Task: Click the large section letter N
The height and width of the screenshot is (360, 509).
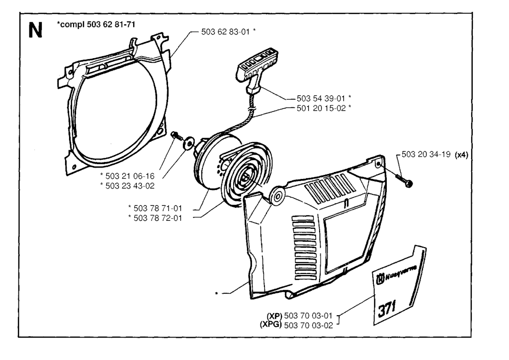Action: pos(35,30)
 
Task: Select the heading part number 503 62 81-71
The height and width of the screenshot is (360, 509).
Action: pos(111,24)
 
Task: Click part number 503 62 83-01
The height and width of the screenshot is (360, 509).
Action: pos(226,31)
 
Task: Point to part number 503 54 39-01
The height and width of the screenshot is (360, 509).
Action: pos(321,98)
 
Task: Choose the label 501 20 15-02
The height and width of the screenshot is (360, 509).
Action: pos(321,108)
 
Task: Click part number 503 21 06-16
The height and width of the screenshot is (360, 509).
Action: pos(130,176)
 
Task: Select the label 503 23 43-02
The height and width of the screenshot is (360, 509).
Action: pos(130,186)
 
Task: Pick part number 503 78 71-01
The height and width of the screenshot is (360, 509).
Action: pos(158,208)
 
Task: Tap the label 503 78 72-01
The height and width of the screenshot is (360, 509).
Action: pos(158,218)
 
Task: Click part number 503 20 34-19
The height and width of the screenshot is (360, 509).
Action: pos(426,154)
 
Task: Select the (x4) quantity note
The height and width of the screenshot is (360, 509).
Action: pos(461,155)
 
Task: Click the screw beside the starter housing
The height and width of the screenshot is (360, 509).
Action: pos(404,180)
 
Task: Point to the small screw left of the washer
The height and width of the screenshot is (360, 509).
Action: pos(176,135)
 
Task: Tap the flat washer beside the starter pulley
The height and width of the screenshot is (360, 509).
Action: pos(188,143)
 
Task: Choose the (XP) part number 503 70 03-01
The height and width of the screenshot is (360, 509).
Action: pos(308,316)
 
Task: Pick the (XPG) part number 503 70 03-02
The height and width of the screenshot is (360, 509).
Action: pos(308,325)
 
